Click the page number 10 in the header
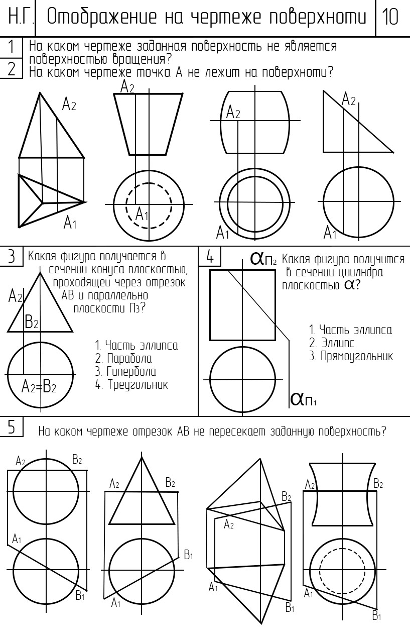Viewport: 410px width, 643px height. pyautogui.click(x=390, y=17)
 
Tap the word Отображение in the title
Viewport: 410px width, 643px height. pyautogui.click(x=102, y=17)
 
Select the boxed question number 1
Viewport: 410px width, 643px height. pyautogui.click(x=11, y=47)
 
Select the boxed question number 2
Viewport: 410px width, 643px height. pyautogui.click(x=11, y=69)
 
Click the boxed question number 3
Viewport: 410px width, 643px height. pyautogui.click(x=11, y=256)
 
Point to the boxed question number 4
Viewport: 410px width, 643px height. pyautogui.click(x=210, y=256)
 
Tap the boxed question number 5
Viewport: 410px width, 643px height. pyautogui.click(x=11, y=427)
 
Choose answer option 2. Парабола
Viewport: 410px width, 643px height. pyautogui.click(x=123, y=359)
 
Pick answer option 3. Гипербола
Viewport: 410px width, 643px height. pyautogui.click(x=125, y=372)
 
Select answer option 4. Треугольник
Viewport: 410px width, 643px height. pyautogui.click(x=131, y=385)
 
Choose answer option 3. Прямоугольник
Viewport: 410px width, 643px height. pyautogui.click(x=351, y=356)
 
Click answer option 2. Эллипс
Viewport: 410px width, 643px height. pyautogui.click(x=332, y=343)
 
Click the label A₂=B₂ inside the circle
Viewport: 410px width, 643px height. pyautogui.click(x=39, y=387)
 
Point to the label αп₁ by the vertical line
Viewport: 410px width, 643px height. pyautogui.click(x=303, y=399)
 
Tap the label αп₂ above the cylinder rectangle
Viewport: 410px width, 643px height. pyautogui.click(x=263, y=259)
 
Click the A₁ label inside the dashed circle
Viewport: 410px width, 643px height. pyautogui.click(x=142, y=214)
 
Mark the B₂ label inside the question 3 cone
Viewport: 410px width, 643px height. pyautogui.click(x=32, y=321)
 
